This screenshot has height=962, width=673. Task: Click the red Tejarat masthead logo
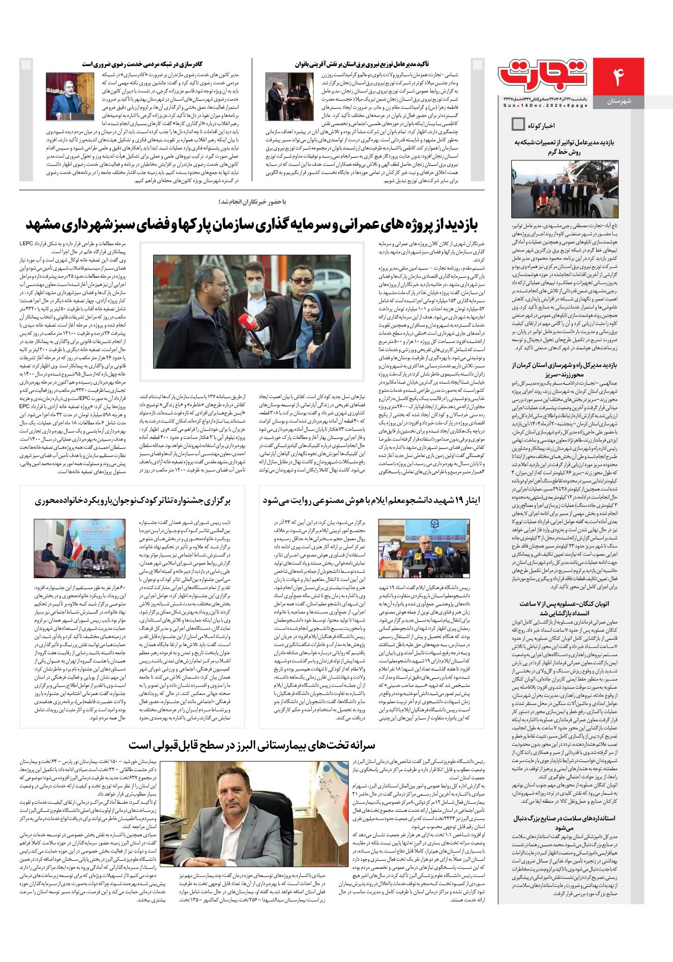tap(543, 75)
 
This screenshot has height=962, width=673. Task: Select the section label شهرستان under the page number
tap(619, 102)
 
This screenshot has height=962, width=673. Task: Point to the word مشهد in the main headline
tap(48, 224)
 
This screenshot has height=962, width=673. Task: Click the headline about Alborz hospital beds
tap(252, 745)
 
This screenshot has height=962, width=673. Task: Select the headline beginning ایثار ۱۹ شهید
tap(371, 500)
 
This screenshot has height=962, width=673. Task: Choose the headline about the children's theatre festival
tap(133, 500)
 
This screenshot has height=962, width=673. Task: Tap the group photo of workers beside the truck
tap(564, 189)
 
